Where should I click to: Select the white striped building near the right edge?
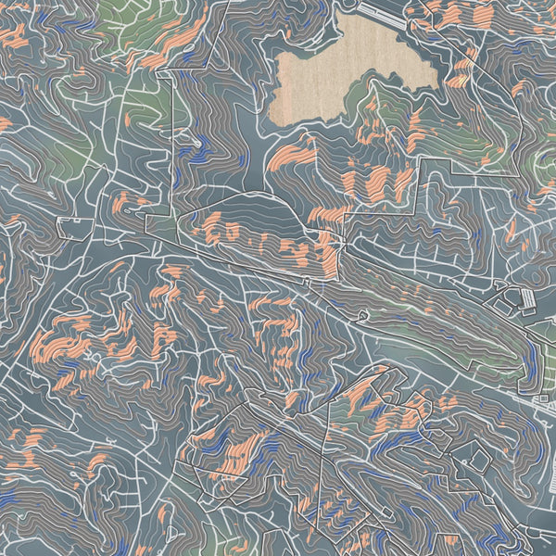(x=527, y=298)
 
